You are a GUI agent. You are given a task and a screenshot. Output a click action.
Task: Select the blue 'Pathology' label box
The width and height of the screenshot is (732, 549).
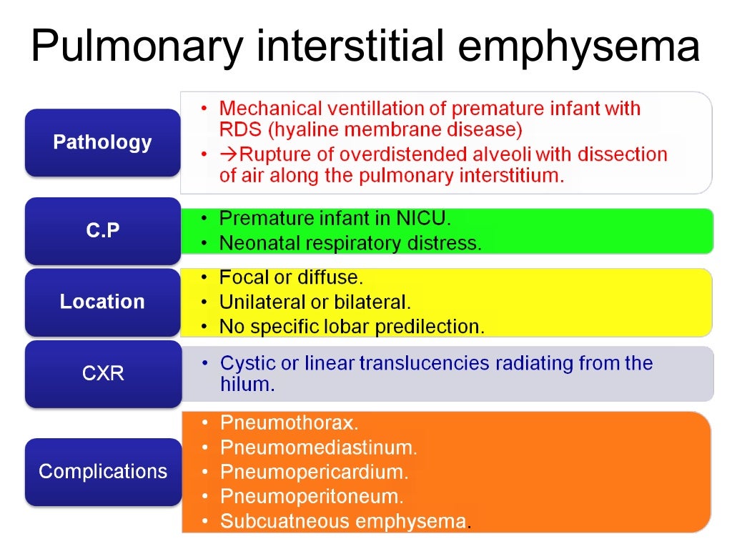tap(102, 142)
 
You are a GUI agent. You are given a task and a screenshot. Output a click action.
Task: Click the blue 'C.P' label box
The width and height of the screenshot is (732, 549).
tap(102, 231)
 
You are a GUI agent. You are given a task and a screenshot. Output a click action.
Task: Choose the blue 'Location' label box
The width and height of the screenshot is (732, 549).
tap(102, 302)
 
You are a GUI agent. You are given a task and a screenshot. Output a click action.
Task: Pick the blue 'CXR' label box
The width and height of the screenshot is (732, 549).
tap(102, 373)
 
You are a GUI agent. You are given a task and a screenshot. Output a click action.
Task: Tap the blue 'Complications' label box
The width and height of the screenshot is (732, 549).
tap(102, 472)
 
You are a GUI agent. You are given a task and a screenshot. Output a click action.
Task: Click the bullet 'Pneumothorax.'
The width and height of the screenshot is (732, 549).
tap(289, 422)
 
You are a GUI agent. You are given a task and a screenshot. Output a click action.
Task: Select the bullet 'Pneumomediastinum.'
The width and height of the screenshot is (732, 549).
tap(318, 447)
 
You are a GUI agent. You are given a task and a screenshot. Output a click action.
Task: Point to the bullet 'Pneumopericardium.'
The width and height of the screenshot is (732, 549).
tap(315, 472)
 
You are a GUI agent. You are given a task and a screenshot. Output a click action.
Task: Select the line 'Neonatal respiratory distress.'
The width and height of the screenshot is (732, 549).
tap(350, 243)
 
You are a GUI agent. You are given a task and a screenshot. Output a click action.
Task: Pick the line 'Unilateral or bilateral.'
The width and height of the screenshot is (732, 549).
tap(315, 302)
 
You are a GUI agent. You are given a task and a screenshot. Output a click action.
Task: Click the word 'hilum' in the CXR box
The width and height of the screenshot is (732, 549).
tap(245, 385)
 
